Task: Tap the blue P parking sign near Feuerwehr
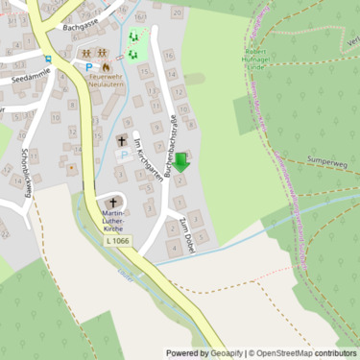click(89, 68)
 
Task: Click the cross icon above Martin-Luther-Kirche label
click(113, 203)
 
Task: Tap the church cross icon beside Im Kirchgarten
click(122, 141)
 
